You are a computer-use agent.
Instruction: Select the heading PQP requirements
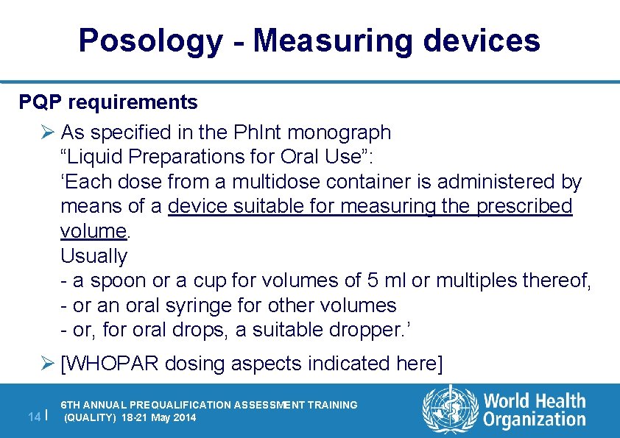click(x=108, y=102)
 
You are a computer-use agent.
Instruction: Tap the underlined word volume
click(x=94, y=231)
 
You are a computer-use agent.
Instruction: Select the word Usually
click(x=94, y=256)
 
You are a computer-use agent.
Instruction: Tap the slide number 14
click(x=33, y=417)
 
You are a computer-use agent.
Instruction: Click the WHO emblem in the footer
click(x=448, y=410)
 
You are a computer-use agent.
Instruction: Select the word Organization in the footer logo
click(x=535, y=420)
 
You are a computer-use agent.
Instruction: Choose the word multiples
click(x=480, y=280)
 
